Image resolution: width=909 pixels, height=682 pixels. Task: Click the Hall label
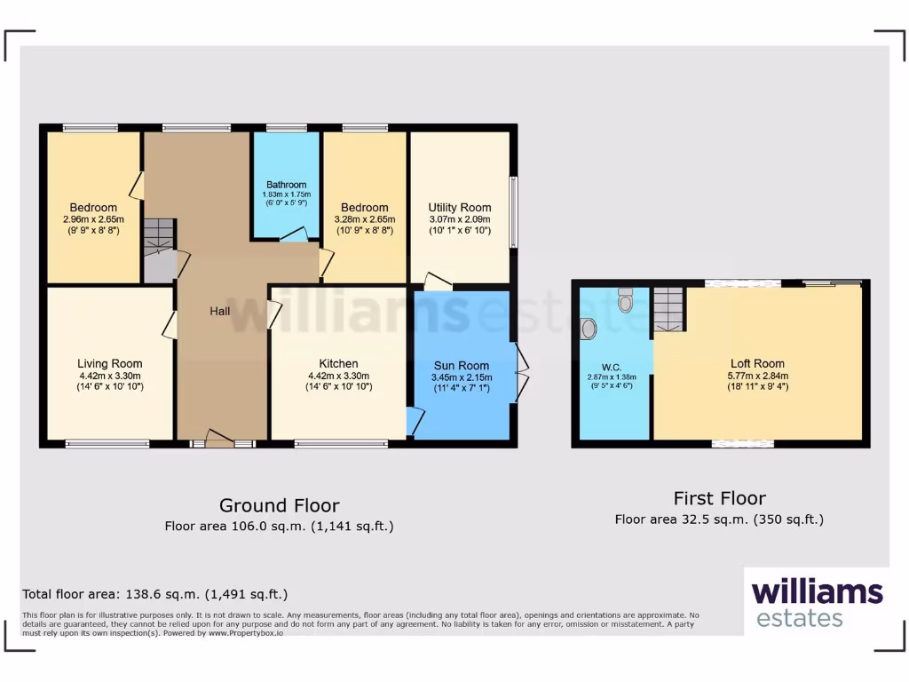(220, 311)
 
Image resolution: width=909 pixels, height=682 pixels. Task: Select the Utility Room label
(459, 207)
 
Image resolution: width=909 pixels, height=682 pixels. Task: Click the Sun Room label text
(462, 365)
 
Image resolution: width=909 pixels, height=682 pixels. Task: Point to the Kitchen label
(338, 363)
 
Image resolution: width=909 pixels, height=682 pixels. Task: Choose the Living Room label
(109, 363)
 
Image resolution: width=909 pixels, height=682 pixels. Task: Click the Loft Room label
(757, 363)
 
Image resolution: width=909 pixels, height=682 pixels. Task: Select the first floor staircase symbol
(670, 309)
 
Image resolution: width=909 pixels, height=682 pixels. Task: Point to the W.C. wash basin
(589, 330)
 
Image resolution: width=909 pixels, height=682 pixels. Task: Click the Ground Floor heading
(279, 505)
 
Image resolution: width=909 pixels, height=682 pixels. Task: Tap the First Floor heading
(719, 498)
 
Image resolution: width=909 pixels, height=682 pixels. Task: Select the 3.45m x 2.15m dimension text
(462, 377)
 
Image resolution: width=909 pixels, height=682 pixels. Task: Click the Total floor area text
(155, 594)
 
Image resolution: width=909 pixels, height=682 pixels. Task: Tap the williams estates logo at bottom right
(817, 601)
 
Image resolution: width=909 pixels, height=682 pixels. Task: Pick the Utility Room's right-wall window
(513, 212)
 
